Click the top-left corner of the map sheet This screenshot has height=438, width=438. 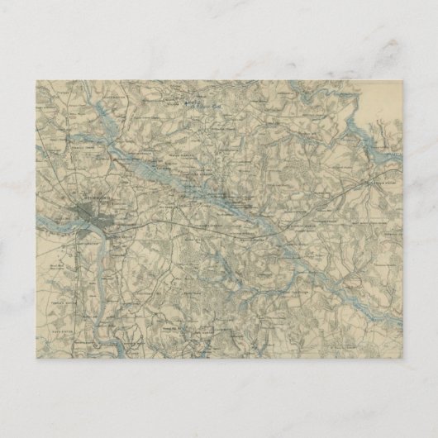(x=36, y=80)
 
